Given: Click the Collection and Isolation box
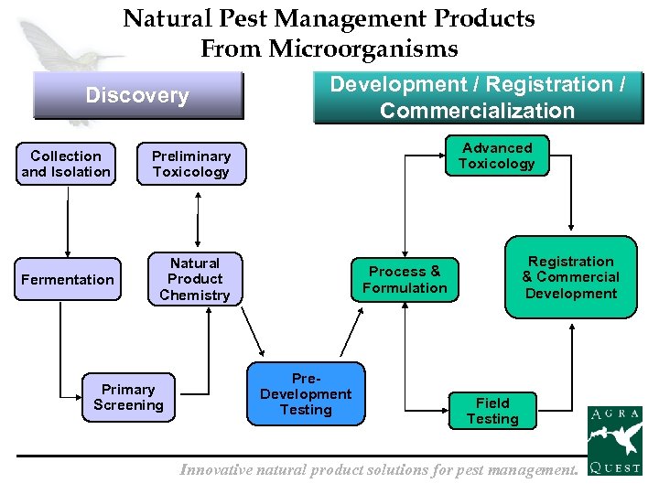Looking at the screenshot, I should [x=66, y=165].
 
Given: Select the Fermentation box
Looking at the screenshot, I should [x=68, y=280].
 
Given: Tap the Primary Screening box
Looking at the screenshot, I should [x=128, y=397].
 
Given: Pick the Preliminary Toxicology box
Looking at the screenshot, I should [x=191, y=165].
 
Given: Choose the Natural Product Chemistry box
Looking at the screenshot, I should [x=195, y=279].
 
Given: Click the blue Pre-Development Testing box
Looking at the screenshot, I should [x=306, y=394].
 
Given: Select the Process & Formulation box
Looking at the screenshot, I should [x=405, y=280].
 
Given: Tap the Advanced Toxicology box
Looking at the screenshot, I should [x=497, y=156].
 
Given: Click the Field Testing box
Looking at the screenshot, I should [x=492, y=411].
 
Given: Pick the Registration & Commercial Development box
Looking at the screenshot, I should [x=570, y=277].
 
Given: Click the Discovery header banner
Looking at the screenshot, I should [x=137, y=95].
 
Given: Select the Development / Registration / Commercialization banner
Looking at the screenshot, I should [x=478, y=98].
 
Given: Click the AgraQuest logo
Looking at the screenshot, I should [x=614, y=440].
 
